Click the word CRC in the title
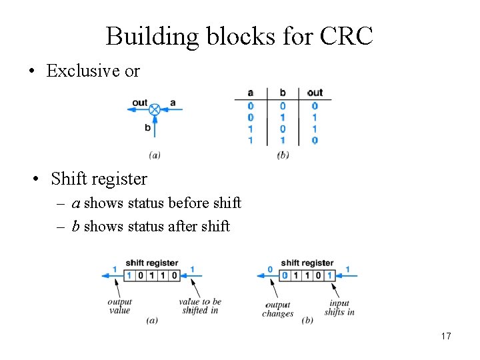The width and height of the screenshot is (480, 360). click(x=346, y=36)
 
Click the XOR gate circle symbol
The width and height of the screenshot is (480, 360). click(x=155, y=109)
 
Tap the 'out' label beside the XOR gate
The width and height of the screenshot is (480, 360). click(x=139, y=103)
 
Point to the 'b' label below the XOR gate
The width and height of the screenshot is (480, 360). click(x=148, y=127)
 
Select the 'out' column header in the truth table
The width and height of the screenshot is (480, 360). click(x=315, y=93)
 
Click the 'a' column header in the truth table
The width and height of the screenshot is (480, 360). click(x=250, y=93)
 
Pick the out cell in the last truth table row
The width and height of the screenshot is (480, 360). click(x=315, y=140)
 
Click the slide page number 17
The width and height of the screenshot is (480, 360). click(x=445, y=336)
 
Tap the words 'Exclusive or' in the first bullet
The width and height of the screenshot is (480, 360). click(x=93, y=71)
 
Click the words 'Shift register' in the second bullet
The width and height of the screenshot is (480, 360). click(x=99, y=179)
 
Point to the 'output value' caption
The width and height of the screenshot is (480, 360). click(x=119, y=306)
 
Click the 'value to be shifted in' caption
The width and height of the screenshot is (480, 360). click(x=200, y=306)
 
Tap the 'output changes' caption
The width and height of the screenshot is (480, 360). click(x=277, y=309)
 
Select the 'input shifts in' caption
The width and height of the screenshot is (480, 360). click(x=339, y=307)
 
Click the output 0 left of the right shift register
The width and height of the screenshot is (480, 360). click(x=270, y=269)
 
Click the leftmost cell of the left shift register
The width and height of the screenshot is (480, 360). click(x=130, y=275)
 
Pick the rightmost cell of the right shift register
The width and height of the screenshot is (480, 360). click(x=329, y=275)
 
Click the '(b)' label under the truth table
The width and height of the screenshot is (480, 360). click(x=283, y=155)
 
